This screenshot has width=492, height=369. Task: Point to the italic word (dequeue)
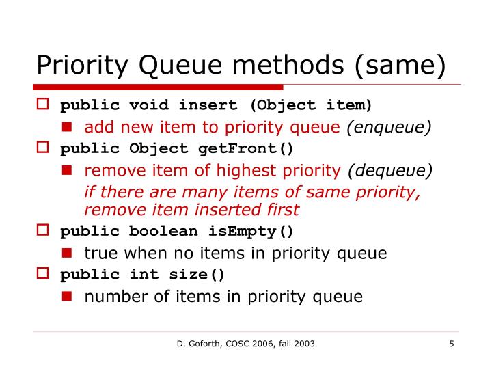(390, 171)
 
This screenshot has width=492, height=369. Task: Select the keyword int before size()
(143, 275)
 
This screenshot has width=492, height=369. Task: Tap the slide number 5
(452, 344)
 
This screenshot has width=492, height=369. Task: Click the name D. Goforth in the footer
(195, 344)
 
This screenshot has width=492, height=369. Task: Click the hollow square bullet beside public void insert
(42, 106)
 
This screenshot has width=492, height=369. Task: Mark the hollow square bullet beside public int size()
(42, 275)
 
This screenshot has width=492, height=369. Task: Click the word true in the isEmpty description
(99, 253)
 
